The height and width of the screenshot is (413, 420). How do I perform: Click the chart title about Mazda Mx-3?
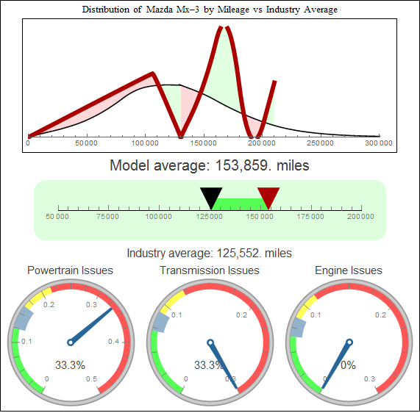[x=210, y=10]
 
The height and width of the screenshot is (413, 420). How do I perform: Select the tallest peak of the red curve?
[x=223, y=29]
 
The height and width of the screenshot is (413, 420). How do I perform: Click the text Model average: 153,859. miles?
[x=210, y=165]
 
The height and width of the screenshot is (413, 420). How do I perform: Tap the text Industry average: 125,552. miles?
[x=210, y=253]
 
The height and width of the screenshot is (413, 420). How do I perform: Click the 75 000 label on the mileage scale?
[x=109, y=217]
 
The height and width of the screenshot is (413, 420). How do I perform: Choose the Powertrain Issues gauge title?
[x=70, y=270]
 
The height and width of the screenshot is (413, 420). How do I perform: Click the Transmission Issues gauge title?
[x=210, y=270]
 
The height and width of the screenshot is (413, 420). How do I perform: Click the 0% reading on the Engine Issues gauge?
[x=348, y=364]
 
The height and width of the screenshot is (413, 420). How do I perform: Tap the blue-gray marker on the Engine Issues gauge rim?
[x=297, y=326]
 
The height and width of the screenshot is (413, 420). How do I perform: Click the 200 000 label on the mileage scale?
[x=360, y=217]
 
